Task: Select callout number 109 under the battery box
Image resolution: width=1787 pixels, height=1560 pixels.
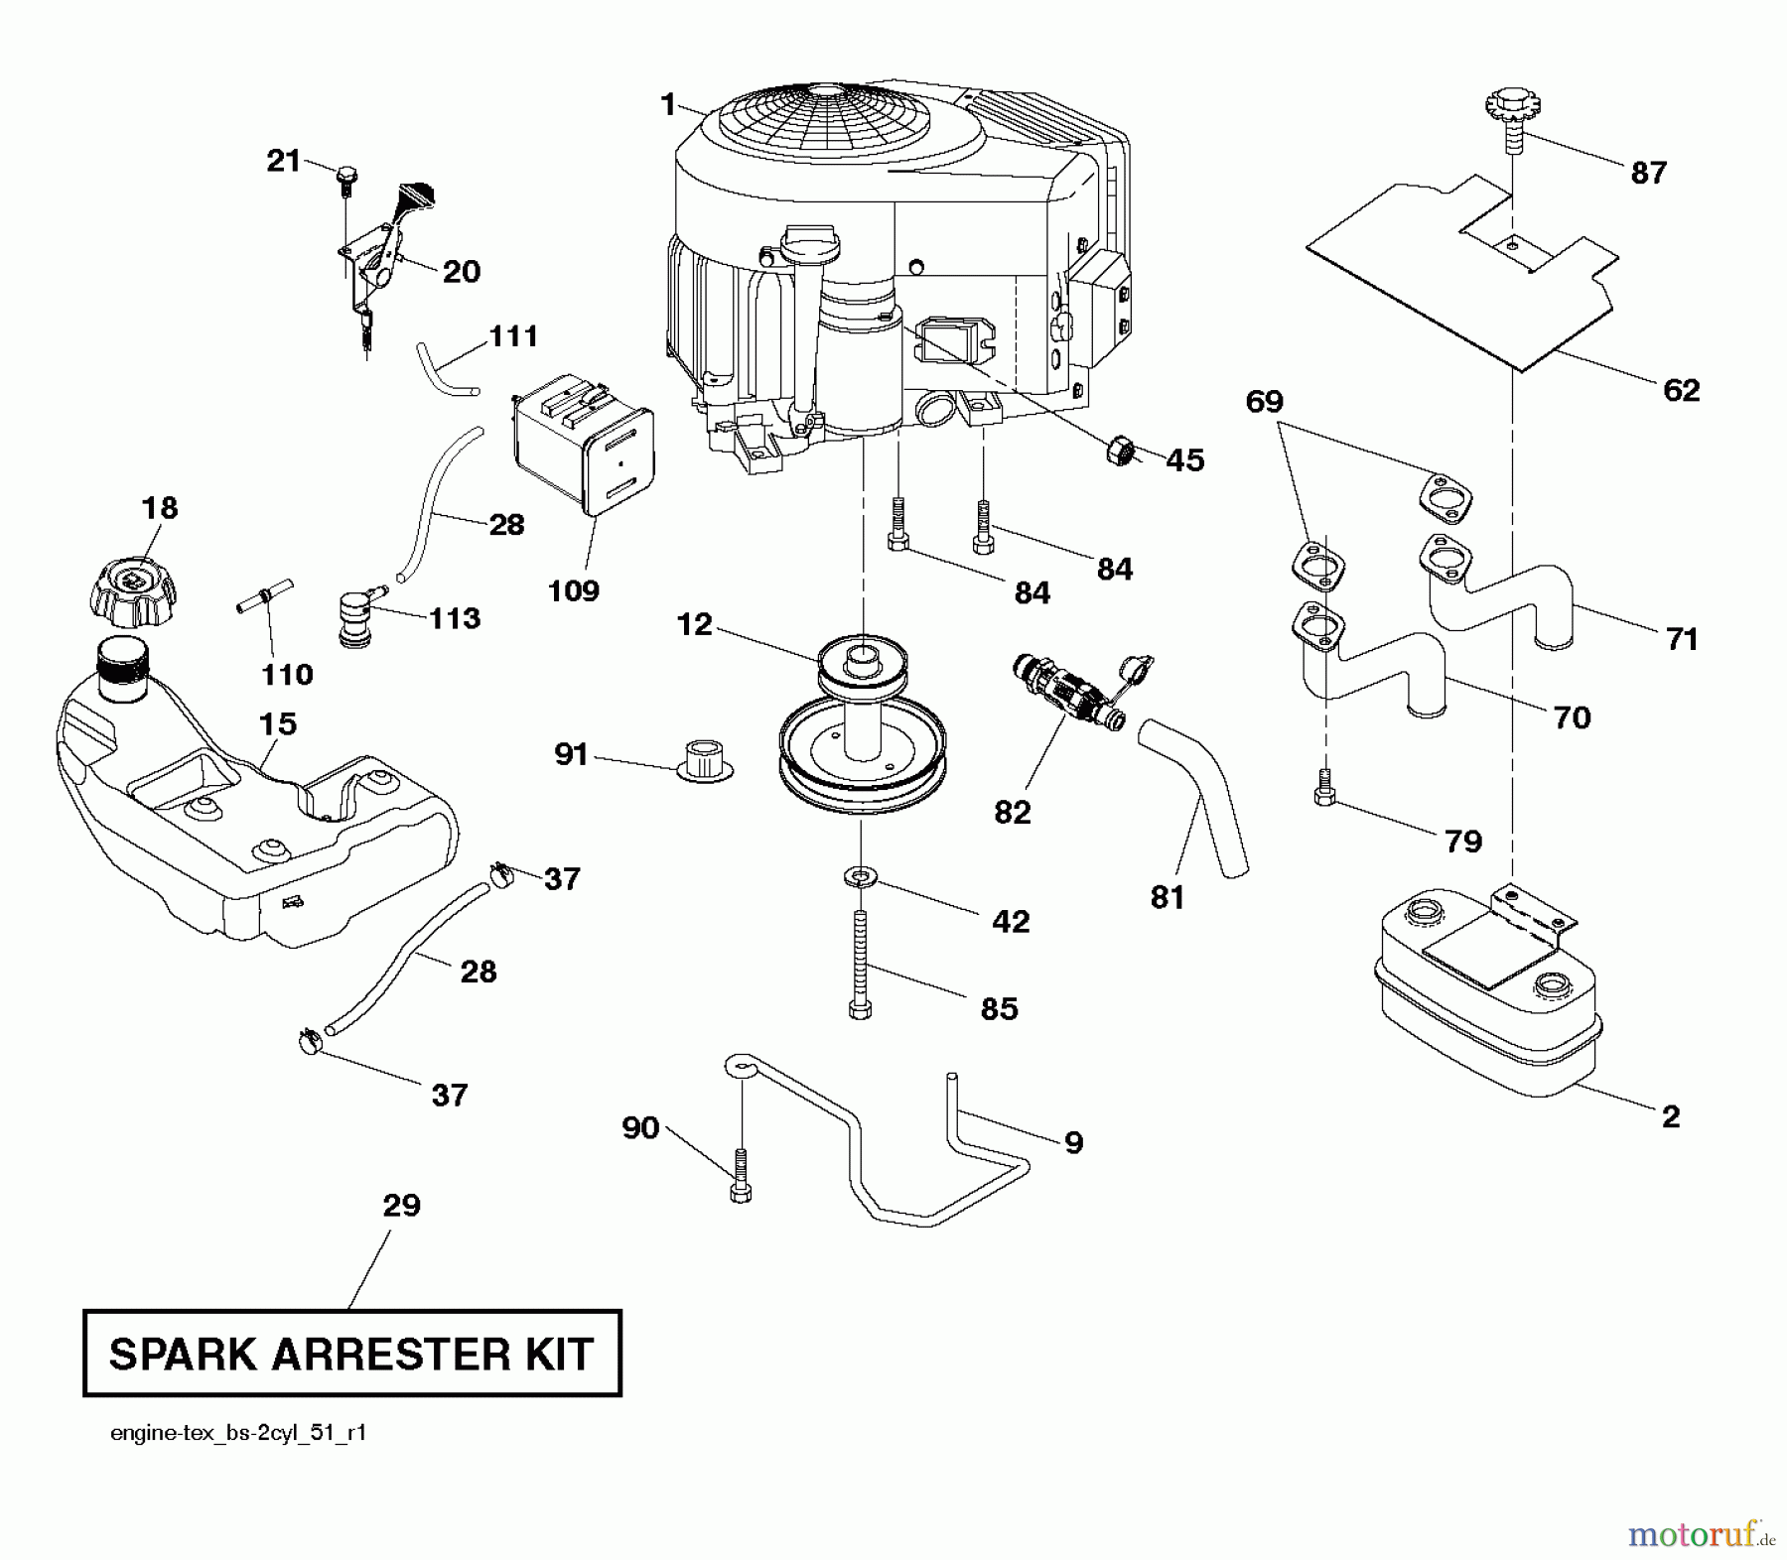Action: [574, 590]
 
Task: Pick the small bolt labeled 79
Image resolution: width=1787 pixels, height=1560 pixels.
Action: [1322, 787]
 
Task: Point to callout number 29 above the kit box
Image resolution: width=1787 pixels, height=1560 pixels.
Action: [402, 1206]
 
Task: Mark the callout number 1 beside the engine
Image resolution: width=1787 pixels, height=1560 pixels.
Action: [668, 104]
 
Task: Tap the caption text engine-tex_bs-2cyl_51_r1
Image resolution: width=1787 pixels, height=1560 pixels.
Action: [238, 1433]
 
